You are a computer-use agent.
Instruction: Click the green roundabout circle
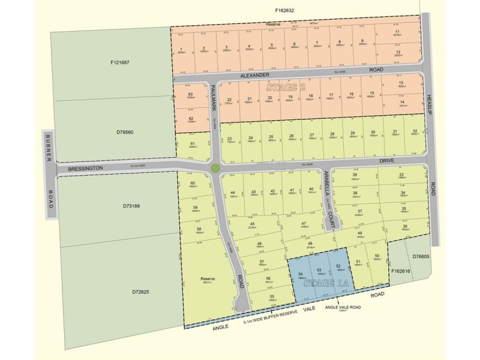click(215, 168)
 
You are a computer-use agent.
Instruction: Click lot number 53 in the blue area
click(320, 270)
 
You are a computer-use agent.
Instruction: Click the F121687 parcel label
click(120, 62)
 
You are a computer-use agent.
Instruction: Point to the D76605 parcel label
click(422, 256)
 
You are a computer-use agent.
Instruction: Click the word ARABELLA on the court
click(326, 181)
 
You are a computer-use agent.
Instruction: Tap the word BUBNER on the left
click(49, 151)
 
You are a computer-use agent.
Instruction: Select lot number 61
click(193, 144)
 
